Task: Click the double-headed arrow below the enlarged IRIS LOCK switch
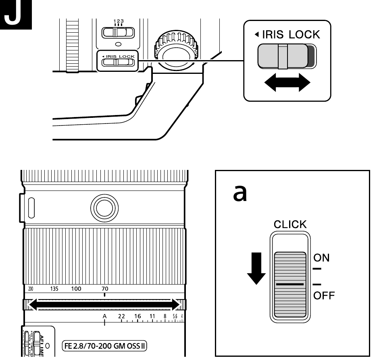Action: (x=287, y=83)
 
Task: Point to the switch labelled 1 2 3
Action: (x=118, y=32)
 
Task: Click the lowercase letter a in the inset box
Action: (x=241, y=195)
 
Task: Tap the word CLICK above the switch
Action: (x=290, y=224)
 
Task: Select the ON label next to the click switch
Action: (x=321, y=257)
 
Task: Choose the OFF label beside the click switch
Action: (x=324, y=295)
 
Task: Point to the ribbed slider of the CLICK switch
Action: (x=290, y=284)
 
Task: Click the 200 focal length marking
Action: (x=31, y=289)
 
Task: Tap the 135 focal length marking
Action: (x=54, y=289)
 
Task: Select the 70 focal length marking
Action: (x=105, y=289)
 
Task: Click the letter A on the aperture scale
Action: (x=104, y=316)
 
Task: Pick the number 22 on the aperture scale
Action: (x=122, y=316)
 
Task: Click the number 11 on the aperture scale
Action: (x=152, y=316)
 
